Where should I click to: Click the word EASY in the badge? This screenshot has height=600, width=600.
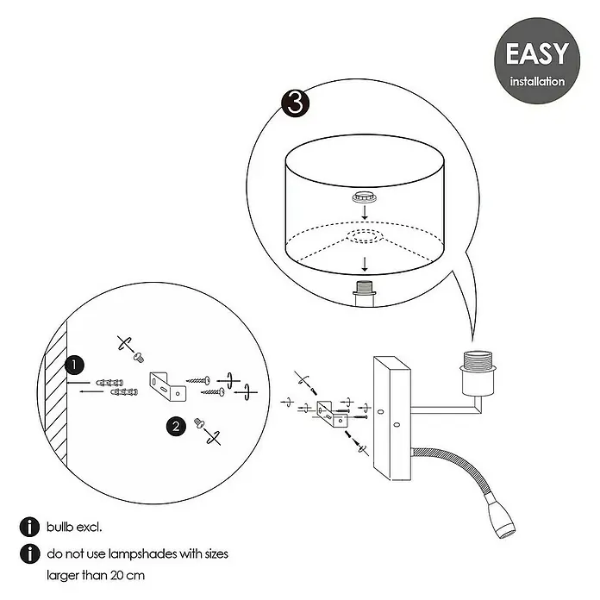point(537,53)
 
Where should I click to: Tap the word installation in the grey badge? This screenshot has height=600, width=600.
point(537,82)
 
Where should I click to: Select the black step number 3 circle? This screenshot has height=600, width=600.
point(296,103)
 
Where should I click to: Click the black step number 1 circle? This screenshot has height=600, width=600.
point(74,365)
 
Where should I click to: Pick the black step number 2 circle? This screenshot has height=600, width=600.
point(176,426)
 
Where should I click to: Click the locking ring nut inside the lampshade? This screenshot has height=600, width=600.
point(365,197)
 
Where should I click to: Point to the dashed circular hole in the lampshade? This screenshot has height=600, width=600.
point(365,236)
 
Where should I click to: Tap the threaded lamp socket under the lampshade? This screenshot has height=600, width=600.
point(365,293)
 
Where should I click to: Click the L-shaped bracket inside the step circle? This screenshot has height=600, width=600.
point(168,386)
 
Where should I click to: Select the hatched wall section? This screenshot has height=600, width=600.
point(56,394)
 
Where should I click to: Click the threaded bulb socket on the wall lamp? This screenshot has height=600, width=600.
point(478,372)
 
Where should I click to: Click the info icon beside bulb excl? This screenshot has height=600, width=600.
point(29,527)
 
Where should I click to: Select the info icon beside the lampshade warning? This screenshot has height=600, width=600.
point(29,553)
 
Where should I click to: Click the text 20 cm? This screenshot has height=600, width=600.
point(128,575)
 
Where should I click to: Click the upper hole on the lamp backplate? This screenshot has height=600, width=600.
point(380,412)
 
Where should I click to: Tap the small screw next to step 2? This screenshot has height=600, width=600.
point(199,422)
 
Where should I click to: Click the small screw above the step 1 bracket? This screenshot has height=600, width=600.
point(139,357)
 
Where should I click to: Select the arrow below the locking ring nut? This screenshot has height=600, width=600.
point(365,212)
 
